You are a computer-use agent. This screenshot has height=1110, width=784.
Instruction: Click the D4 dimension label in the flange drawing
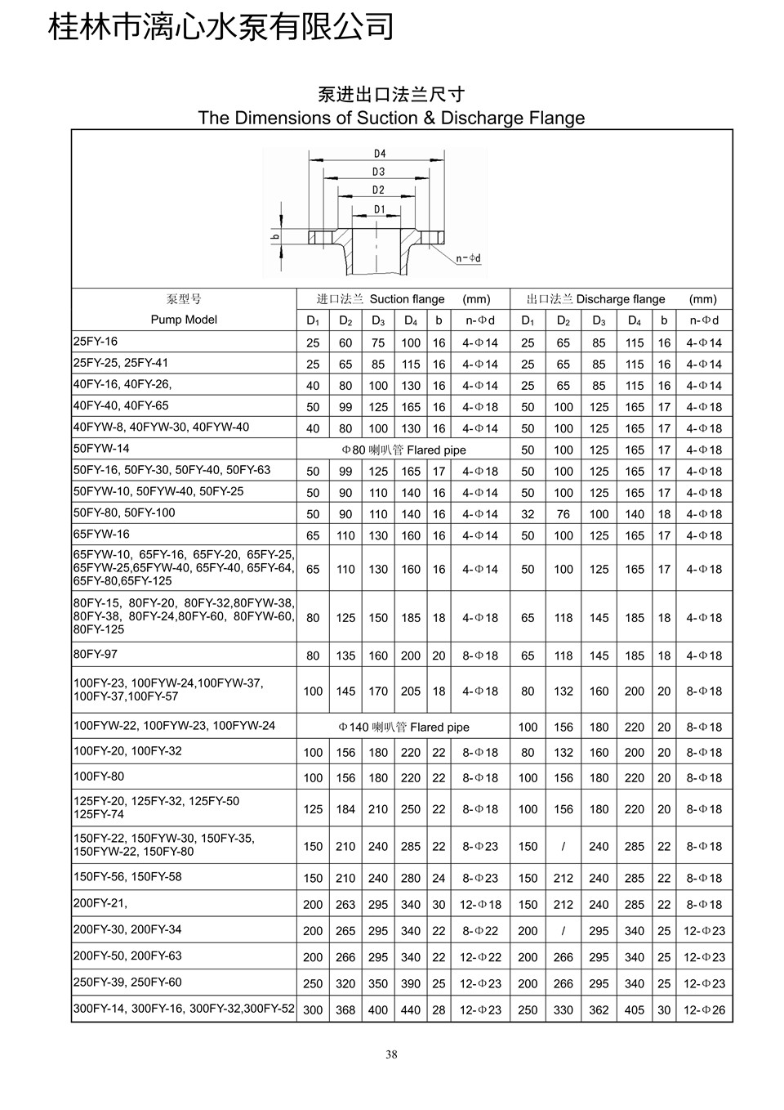pyautogui.click(x=379, y=154)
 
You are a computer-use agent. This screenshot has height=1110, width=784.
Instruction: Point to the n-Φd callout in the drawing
pyautogui.click(x=469, y=258)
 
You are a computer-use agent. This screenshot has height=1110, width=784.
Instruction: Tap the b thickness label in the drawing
pyautogui.click(x=276, y=238)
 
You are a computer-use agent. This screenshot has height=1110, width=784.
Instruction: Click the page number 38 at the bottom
pyautogui.click(x=391, y=1054)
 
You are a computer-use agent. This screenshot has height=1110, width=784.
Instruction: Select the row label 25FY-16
pyautogui.click(x=96, y=342)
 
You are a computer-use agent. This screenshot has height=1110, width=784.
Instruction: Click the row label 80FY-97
pyautogui.click(x=96, y=654)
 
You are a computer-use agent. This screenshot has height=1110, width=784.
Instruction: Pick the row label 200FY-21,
pyautogui.click(x=100, y=903)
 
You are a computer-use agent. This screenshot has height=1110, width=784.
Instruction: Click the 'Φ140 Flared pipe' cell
pyautogui.click(x=404, y=727)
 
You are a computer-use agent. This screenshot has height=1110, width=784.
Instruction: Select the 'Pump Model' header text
pyautogui.click(x=184, y=320)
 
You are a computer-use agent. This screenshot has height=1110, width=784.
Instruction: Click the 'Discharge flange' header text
pyautogui.click(x=621, y=299)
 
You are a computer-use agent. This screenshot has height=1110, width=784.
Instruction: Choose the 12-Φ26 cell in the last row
pyautogui.click(x=704, y=1009)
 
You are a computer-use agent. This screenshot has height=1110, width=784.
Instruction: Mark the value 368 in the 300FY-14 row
pyautogui.click(x=345, y=1009)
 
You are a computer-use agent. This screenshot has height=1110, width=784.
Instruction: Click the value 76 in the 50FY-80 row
pyautogui.click(x=563, y=514)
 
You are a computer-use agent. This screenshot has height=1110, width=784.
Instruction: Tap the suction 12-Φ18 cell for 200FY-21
pyautogui.click(x=480, y=905)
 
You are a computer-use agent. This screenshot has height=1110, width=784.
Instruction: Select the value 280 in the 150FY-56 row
pyautogui.click(x=411, y=878)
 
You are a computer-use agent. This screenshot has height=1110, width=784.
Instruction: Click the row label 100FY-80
pyautogui.click(x=99, y=776)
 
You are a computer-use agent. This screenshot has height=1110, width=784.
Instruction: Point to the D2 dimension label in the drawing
pyautogui.click(x=378, y=190)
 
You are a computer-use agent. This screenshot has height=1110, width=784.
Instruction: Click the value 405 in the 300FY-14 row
pyautogui.click(x=635, y=1009)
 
